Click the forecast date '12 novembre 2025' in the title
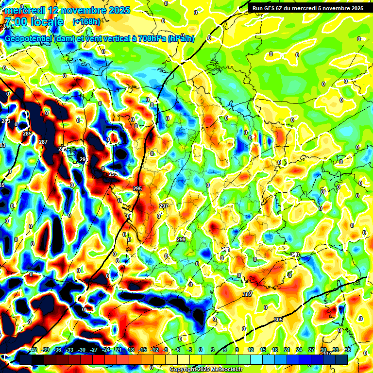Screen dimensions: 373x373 [x=89, y=10]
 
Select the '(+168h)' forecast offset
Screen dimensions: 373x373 [x=86, y=22]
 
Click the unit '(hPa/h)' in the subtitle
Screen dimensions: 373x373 [x=181, y=39]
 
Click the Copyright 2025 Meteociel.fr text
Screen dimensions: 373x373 [x=206, y=370]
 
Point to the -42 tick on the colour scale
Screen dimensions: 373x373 [x=33, y=350]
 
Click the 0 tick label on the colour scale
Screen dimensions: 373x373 [x=201, y=350]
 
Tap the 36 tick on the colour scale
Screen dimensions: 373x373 [x=347, y=350]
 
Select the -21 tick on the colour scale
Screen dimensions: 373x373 [x=118, y=350]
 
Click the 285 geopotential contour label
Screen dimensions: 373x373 [x=27, y=134]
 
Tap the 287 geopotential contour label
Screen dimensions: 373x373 [x=43, y=142]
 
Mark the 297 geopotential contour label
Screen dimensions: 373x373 [x=164, y=206]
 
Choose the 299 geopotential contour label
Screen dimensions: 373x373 [x=181, y=239]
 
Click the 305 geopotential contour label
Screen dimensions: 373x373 [x=278, y=319]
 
